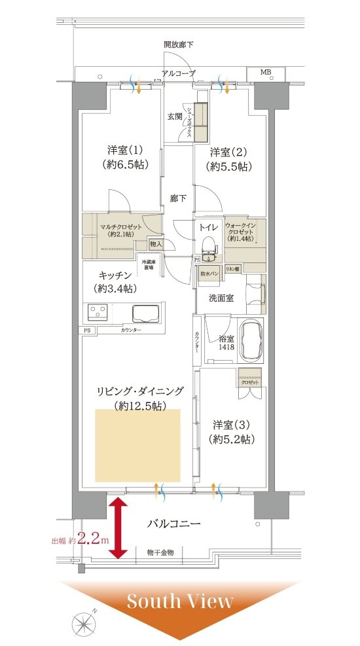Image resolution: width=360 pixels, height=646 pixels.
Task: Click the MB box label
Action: (266, 71)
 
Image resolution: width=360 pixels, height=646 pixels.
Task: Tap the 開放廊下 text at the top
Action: (179, 45)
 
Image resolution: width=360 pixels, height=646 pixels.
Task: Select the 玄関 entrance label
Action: (174, 116)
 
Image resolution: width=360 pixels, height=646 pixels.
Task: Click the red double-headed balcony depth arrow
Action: (118, 528)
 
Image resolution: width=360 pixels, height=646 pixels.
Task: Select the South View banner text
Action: (179, 600)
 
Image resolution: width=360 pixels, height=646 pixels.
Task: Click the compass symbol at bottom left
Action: (83, 622)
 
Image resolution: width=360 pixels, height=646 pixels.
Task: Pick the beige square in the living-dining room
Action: (137, 445)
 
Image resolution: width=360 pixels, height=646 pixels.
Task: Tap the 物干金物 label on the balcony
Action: (160, 552)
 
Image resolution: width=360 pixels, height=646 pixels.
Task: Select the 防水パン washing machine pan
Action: (209, 274)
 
